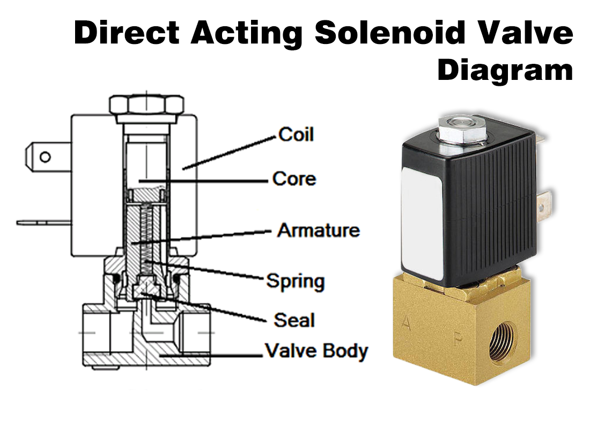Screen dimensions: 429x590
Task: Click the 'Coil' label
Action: pos(296,134)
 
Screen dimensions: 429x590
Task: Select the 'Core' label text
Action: pos(294,179)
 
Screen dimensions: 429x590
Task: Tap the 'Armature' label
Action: pos(318,231)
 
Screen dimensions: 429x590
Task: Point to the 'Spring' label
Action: pos(295,281)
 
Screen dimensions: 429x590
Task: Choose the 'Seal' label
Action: pos(294,320)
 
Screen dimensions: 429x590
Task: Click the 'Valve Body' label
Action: pos(316,352)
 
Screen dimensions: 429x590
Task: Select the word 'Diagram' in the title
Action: pos(505,71)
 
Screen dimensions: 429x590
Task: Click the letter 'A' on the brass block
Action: pos(407,323)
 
